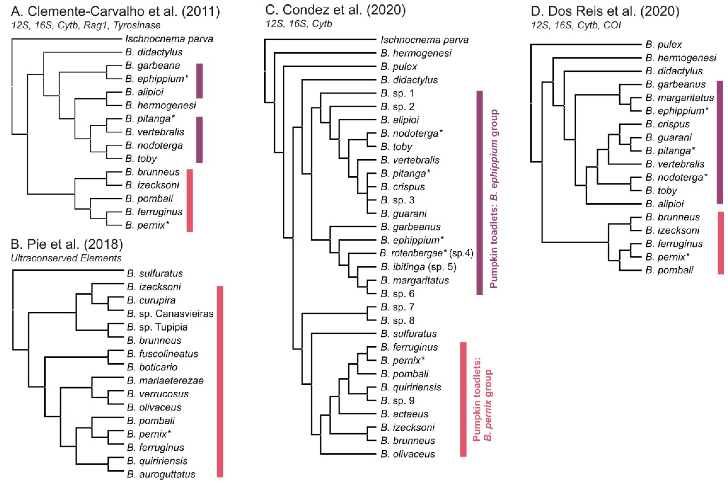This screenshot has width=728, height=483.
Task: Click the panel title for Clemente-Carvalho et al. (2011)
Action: pos(115,12)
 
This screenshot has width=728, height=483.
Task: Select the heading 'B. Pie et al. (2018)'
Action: pos(67,244)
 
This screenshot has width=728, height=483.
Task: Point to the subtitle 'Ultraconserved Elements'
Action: pos(66,258)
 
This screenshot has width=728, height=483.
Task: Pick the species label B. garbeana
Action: pos(153,65)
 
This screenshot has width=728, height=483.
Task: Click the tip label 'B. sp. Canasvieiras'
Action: pos(170,314)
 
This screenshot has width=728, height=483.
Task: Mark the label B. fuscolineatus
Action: pos(162,354)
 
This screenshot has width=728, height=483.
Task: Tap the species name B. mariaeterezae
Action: pos(165,380)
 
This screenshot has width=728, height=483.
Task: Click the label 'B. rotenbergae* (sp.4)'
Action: pos(426,253)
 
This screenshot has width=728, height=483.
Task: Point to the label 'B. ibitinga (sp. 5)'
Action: pos(418,267)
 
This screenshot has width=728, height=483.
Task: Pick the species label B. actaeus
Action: pos(404,414)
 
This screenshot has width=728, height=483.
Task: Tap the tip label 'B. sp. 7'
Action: pos(398,307)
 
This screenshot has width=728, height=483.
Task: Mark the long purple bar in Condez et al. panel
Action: pos(480,193)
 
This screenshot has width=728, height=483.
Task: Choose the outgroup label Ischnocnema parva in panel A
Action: pos(169,39)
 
